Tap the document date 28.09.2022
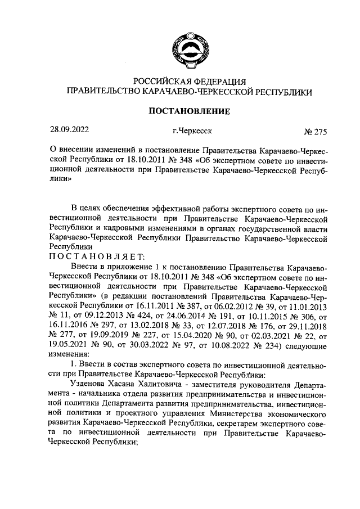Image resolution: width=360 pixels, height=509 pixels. (x=69, y=132)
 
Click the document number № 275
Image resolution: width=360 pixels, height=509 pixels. (x=314, y=133)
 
